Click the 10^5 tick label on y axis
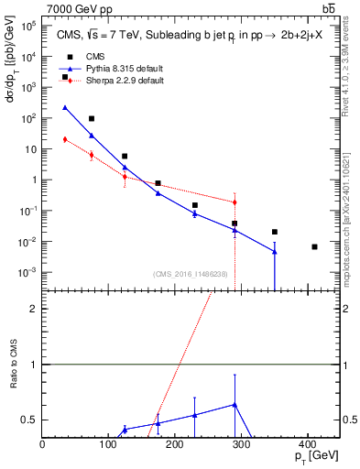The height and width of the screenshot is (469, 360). pos(28,26)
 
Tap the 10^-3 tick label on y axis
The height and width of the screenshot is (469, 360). pos(28,273)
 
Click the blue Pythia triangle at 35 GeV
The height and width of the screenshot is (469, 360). pos(65,107)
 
